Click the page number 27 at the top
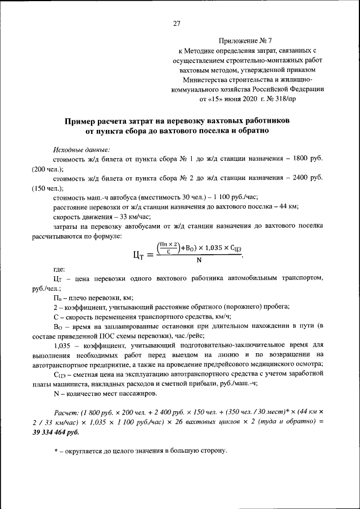177,23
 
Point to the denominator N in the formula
199,259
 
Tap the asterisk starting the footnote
56,451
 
